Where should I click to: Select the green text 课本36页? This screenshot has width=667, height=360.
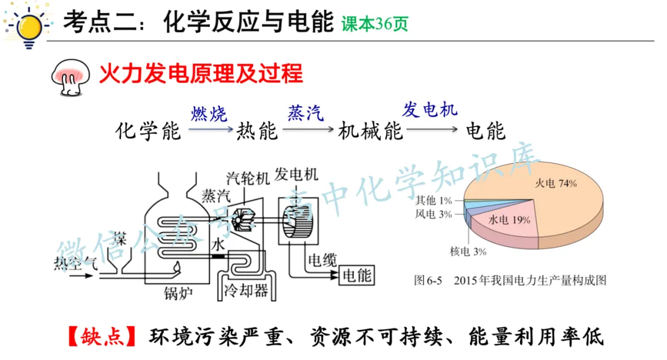pyautogui.click(x=375, y=24)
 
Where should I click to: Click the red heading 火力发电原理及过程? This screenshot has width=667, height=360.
pyautogui.click(x=201, y=73)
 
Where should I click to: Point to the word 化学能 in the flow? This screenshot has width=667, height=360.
pyautogui.click(x=148, y=131)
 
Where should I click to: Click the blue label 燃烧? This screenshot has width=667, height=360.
pyautogui.click(x=209, y=113)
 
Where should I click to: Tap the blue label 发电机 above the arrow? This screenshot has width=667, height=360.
pyautogui.click(x=430, y=109)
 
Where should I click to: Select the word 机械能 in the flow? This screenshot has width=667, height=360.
pyautogui.click(x=371, y=131)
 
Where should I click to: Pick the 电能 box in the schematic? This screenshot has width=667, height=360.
pyautogui.click(x=357, y=274)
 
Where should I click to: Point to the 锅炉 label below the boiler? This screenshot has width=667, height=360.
pyautogui.click(x=178, y=291)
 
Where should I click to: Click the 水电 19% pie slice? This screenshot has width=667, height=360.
pyautogui.click(x=506, y=225)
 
